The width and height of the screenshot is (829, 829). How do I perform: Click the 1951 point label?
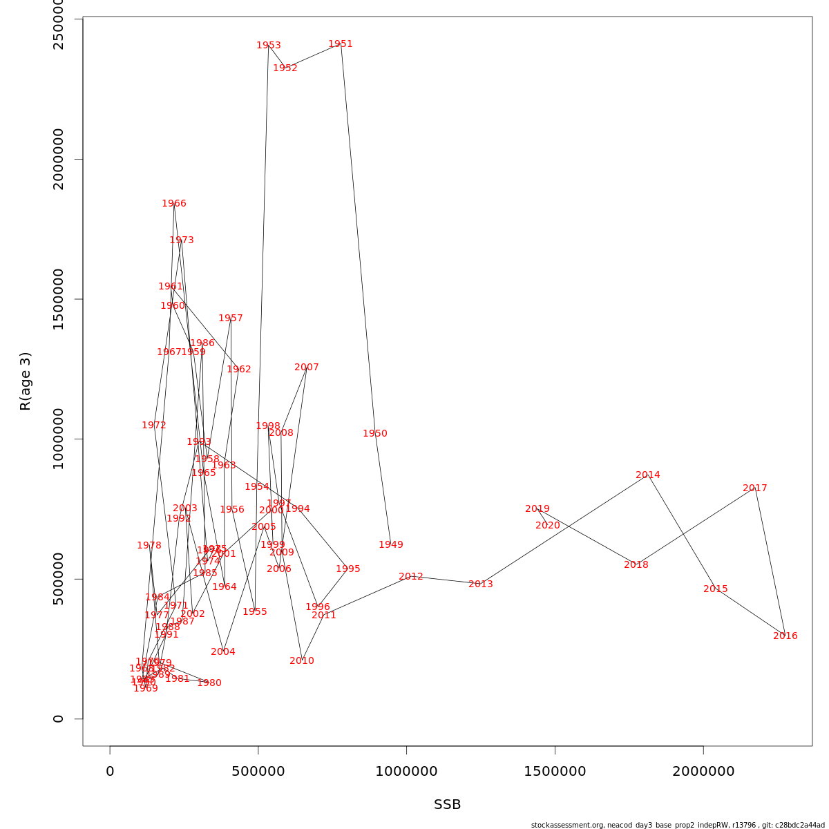pyautogui.click(x=341, y=44)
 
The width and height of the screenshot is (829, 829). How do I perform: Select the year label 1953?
pyautogui.click(x=269, y=46)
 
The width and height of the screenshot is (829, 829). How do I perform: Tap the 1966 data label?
pyautogui.click(x=174, y=204)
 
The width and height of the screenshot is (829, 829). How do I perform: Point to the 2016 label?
pyautogui.click(x=785, y=636)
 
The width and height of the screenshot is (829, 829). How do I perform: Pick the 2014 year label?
pyautogui.click(x=648, y=475)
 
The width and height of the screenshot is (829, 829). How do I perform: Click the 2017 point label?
pyautogui.click(x=755, y=488)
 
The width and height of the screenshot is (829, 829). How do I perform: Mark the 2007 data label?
pyautogui.click(x=307, y=368)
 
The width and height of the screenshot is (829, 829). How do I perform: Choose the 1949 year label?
pyautogui.click(x=391, y=545)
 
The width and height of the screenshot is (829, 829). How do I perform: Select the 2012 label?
pyautogui.click(x=411, y=577)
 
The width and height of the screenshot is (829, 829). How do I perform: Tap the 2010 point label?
pyautogui.click(x=302, y=661)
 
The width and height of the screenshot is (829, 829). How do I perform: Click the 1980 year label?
pyautogui.click(x=209, y=683)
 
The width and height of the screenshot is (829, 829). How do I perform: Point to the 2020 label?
pyautogui.click(x=548, y=526)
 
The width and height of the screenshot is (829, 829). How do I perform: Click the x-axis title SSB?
pyautogui.click(x=448, y=805)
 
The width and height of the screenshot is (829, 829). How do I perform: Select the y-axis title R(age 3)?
pyautogui.click(x=26, y=381)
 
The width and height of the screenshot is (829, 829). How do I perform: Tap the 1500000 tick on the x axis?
pyautogui.click(x=555, y=772)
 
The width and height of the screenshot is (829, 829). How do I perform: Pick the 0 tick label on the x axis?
pyautogui.click(x=110, y=772)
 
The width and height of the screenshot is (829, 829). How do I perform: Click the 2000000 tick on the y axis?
pyautogui.click(x=58, y=159)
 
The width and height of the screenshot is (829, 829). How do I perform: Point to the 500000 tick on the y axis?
pyautogui.click(x=58, y=579)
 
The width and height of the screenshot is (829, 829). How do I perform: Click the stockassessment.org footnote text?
pyautogui.click(x=678, y=825)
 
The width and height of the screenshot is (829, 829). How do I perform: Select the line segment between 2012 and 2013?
pyautogui.click(x=446, y=580)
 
